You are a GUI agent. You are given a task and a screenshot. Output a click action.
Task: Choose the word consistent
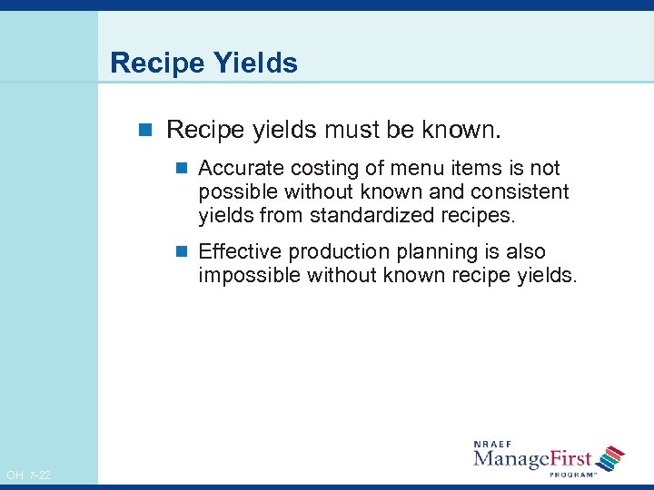click(x=520, y=192)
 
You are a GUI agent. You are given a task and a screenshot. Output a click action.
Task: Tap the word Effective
click(x=238, y=251)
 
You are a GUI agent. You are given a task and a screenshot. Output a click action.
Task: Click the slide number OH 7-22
click(x=28, y=475)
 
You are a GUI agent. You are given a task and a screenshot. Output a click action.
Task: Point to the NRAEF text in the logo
click(x=492, y=445)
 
